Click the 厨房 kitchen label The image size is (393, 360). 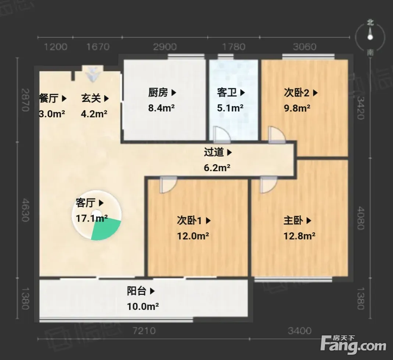(158, 92)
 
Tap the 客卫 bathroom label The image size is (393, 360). (227, 92)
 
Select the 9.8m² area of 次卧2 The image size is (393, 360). (297, 108)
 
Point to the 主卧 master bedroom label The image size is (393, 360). (293, 220)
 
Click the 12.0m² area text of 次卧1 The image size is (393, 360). (193, 236)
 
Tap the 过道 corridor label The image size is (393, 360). (214, 152)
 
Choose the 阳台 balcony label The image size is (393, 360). (137, 291)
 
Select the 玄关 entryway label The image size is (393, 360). (91, 98)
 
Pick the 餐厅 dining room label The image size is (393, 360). (49, 98)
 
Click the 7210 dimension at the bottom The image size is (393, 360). (144, 331)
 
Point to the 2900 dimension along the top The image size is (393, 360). (165, 47)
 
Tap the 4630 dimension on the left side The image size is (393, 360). (26, 210)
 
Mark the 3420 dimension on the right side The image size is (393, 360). (360, 108)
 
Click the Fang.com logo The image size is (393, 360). (353, 345)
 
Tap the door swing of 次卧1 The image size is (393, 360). (168, 184)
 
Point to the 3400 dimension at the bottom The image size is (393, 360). (300, 331)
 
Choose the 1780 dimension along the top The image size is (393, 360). (233, 47)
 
